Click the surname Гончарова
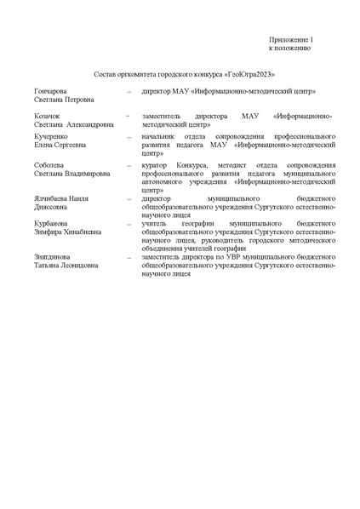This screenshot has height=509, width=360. coord(52,90)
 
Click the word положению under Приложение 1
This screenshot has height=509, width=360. coord(295,49)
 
